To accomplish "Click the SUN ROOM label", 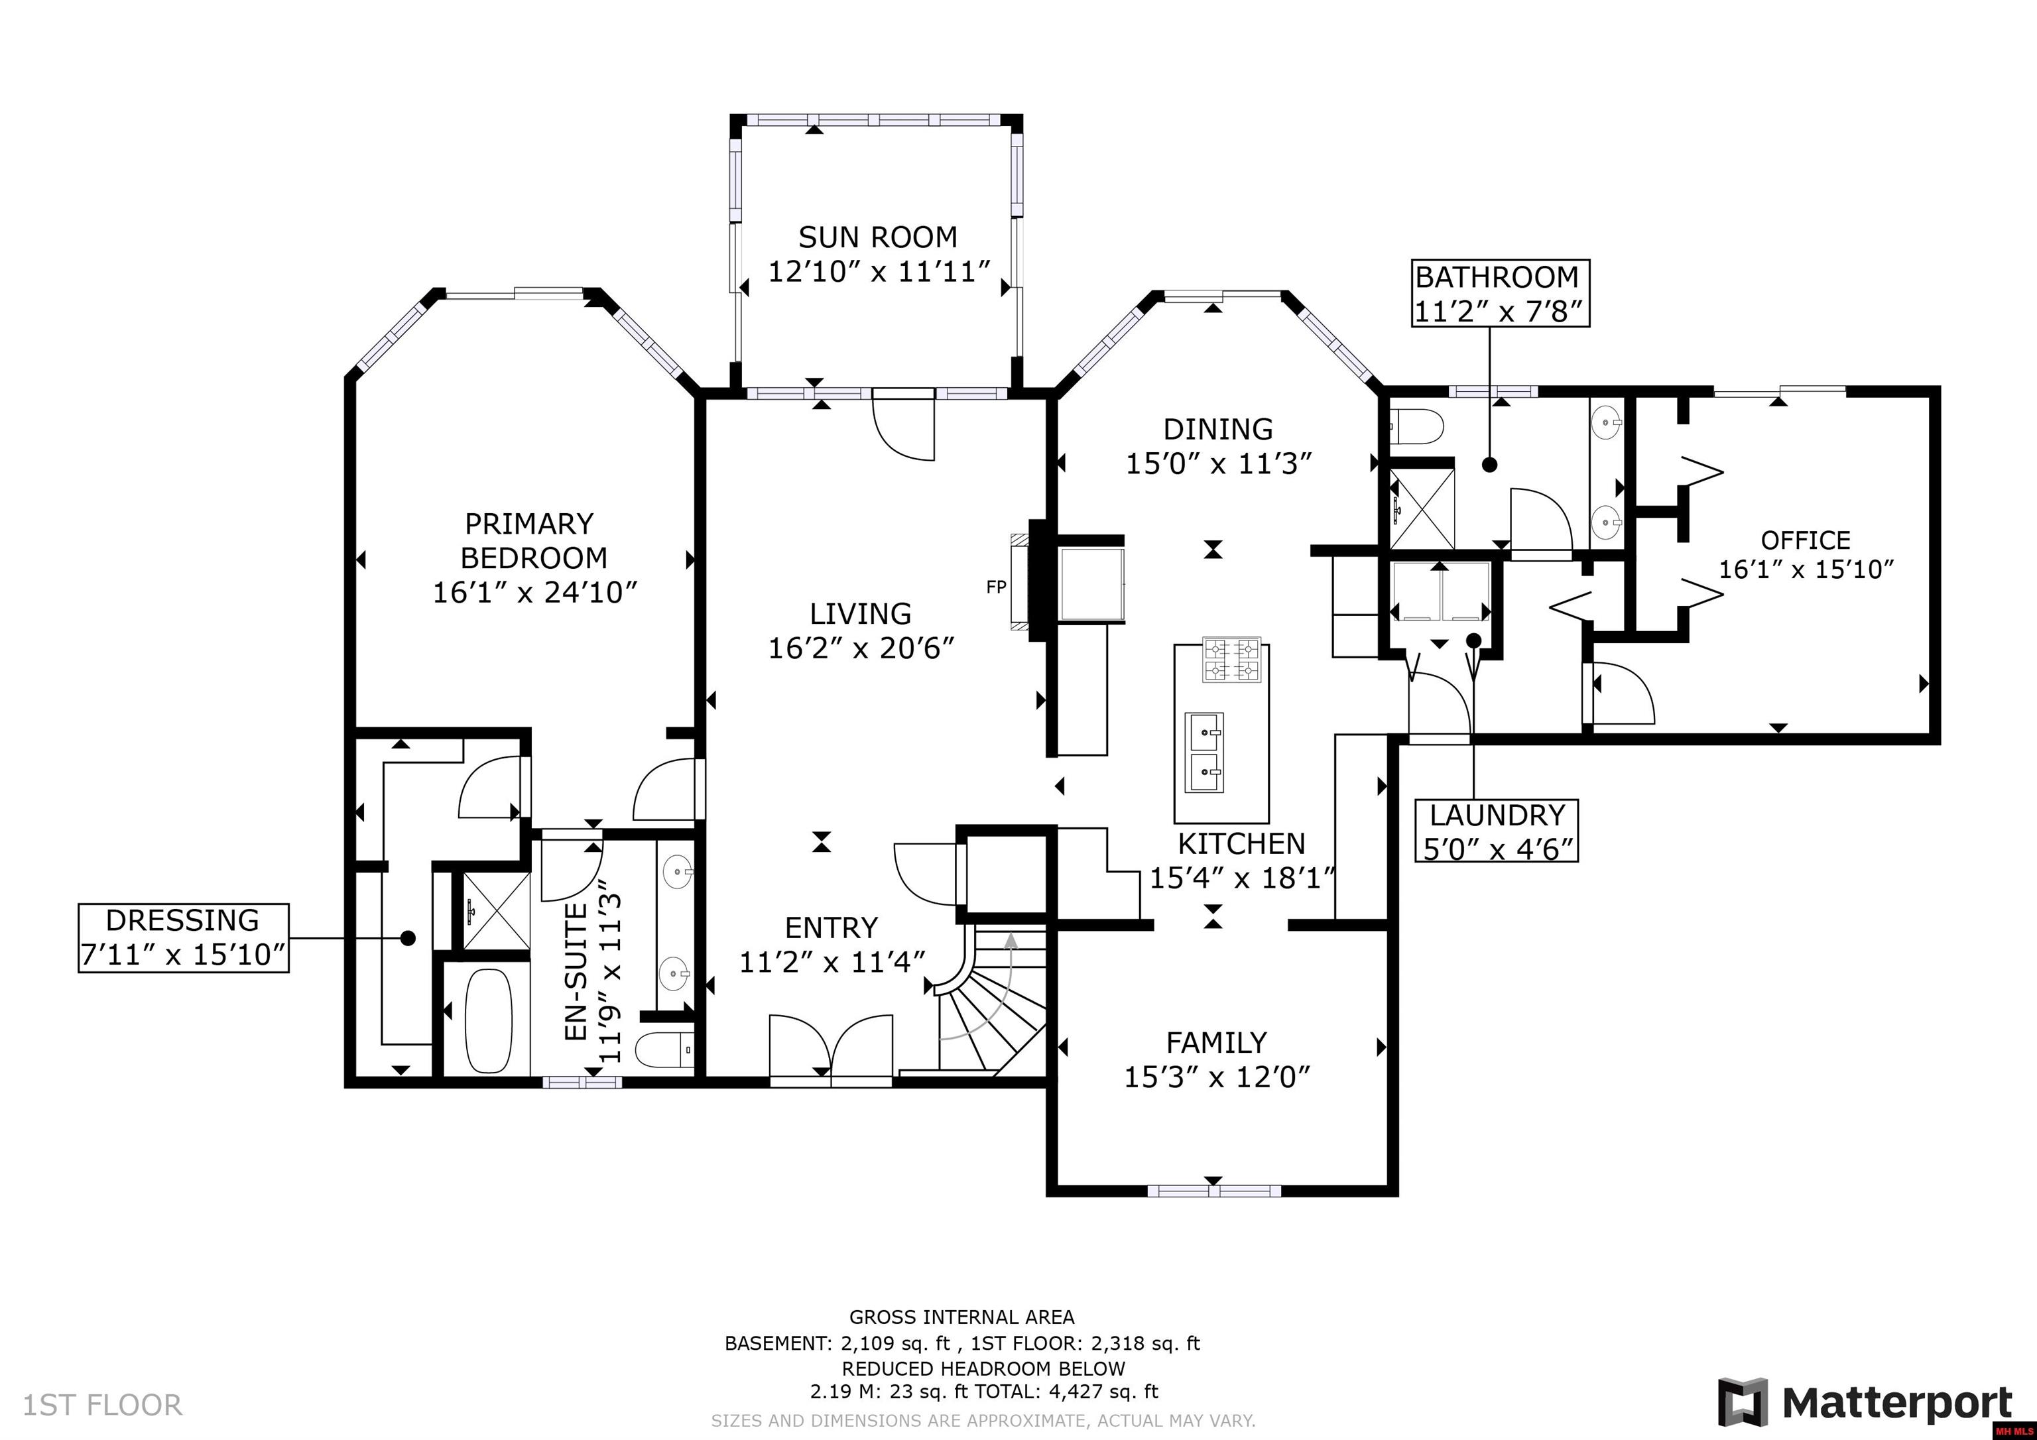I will point(877,237).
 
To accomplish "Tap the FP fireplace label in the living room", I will point(995,587).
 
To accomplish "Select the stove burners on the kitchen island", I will point(1231,660).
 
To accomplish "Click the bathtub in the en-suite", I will point(489,1020).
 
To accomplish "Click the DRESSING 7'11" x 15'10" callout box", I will point(184,938).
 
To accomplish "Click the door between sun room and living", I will point(905,425).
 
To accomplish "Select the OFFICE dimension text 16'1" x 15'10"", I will point(1806,569).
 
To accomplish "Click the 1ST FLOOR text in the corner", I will point(102,1404).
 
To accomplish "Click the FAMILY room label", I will point(1215,1042).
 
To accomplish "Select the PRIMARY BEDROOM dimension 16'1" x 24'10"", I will point(535,592).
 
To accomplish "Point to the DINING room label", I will point(1217,430).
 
